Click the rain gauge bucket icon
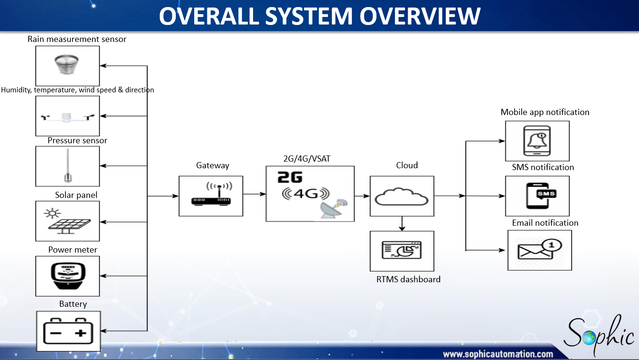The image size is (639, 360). coord(66,65)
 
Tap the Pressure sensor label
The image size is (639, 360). coord(77,140)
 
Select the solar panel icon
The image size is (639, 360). coord(67,221)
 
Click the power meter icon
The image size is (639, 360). coord(68,276)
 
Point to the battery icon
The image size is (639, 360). coord(68,331)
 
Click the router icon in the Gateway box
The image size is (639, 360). coord(211,194)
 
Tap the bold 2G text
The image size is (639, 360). coord(290,177)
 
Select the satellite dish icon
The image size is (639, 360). coord(334,209)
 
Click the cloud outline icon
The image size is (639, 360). coord(401,196)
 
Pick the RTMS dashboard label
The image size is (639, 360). coord(408,279)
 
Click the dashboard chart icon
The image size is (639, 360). coord(401,250)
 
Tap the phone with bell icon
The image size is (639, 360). coord(537,141)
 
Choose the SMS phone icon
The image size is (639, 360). coord(541,196)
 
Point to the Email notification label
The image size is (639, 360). coord(545,223)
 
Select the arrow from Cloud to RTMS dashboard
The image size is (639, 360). coord(402,223)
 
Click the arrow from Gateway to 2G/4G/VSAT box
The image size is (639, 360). coord(254,194)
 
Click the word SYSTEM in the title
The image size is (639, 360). coord(309,16)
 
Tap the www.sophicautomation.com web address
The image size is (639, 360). coord(498,354)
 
